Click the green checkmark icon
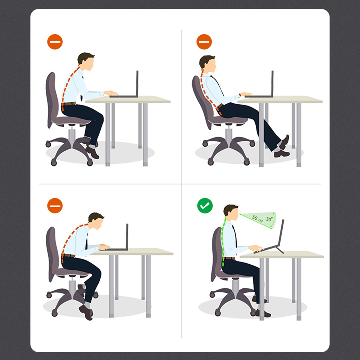coord(205,205)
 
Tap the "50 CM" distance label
coord(257,218)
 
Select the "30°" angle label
coord(269,219)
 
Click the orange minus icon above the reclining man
coord(204,42)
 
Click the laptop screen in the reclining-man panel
coord(272,83)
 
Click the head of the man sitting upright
coord(231,213)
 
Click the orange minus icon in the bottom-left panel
coord(55,205)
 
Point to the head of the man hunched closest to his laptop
coord(96,221)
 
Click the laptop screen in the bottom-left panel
coord(127,236)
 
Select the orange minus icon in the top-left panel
coord(55,42)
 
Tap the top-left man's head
coord(86,61)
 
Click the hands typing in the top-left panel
coord(111,93)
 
